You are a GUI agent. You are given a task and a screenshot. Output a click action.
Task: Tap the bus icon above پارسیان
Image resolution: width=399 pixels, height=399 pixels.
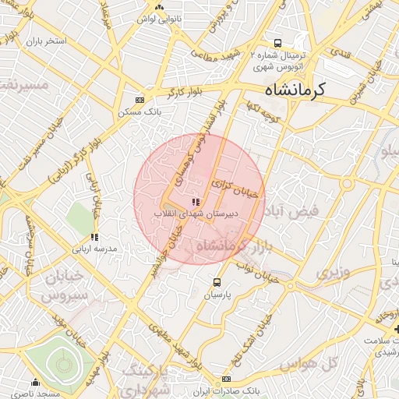pos(217,282)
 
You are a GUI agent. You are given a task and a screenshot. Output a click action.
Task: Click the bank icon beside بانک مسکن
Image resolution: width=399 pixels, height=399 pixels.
pos(139,101)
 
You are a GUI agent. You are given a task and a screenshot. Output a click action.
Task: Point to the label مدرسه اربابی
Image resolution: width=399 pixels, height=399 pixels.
pos(94,249)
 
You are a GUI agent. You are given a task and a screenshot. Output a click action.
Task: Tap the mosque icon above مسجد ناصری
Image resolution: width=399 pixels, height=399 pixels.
pos(35,382)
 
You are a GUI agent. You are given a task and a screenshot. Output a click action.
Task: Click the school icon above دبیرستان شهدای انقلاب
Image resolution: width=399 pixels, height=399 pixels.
pos(185,201)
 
